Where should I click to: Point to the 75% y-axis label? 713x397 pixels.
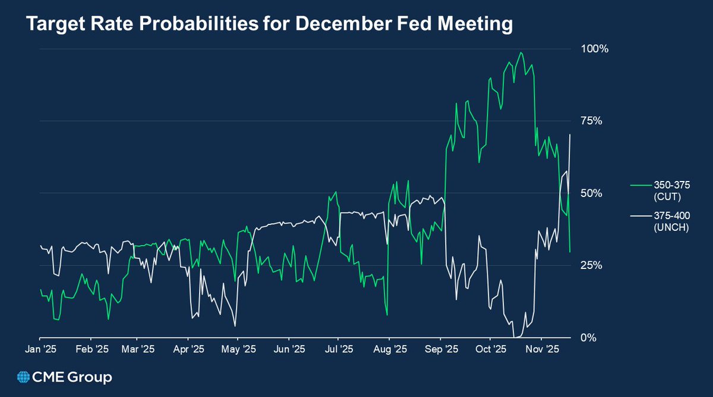591,121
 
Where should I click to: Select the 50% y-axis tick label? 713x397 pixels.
591,193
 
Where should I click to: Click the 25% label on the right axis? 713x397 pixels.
591,265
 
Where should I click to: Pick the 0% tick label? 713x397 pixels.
588,337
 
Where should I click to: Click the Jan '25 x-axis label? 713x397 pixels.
40,349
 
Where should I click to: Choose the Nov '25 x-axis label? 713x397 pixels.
542,349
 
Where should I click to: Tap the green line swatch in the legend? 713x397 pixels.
639,186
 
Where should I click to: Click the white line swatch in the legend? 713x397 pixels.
639,216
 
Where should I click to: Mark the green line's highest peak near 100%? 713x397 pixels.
521,52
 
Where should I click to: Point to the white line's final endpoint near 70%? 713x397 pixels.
570,135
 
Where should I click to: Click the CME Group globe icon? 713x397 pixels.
24,377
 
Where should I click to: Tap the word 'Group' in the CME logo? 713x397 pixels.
90,377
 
